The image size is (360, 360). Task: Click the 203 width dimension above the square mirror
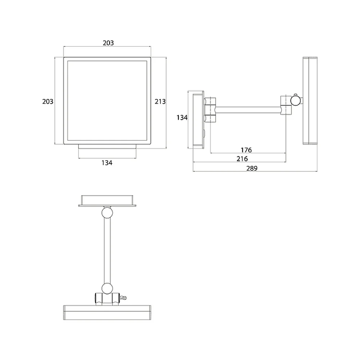click(108, 43)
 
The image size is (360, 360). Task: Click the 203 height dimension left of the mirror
click(48, 102)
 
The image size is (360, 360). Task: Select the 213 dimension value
click(160, 102)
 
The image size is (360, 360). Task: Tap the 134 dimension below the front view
click(107, 163)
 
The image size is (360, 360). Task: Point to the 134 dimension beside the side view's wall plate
click(182, 118)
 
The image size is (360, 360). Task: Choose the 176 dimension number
click(246, 150)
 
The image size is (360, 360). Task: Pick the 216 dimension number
click(242, 159)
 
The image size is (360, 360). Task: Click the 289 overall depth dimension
click(252, 168)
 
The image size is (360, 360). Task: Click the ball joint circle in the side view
click(296, 101)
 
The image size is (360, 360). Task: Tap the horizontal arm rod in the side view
click(248, 110)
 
